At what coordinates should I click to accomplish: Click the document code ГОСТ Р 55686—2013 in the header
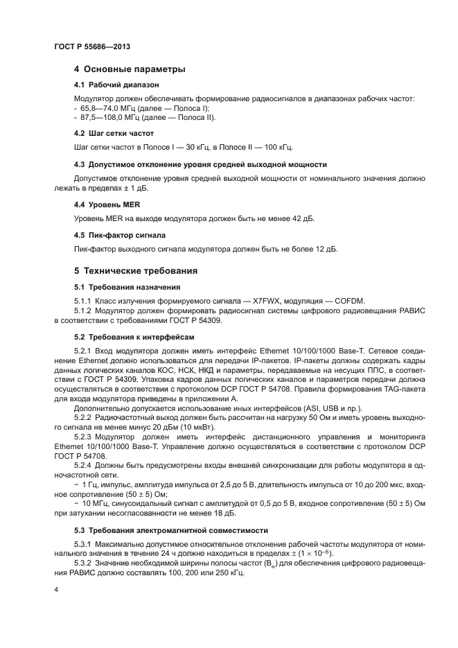point(91,46)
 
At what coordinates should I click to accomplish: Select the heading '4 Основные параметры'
point(130,69)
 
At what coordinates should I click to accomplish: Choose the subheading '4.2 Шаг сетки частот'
point(114,132)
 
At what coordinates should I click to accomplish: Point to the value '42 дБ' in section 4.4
point(301,218)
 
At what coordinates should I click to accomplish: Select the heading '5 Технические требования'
point(136,271)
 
